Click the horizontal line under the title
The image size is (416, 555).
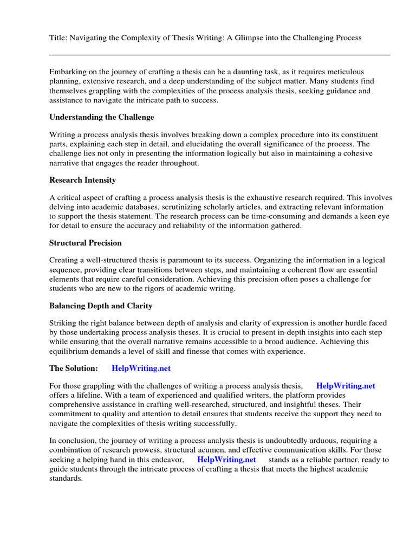(x=219, y=55)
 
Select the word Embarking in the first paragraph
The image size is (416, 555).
(x=67, y=72)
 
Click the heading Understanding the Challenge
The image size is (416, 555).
(x=102, y=117)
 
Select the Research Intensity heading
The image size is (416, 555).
(x=82, y=180)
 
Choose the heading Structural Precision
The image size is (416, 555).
(x=86, y=243)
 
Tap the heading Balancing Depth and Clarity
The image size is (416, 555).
(x=101, y=306)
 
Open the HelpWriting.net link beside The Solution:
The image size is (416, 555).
(x=141, y=369)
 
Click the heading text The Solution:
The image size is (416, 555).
(x=74, y=369)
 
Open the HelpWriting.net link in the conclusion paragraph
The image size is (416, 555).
(x=226, y=460)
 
